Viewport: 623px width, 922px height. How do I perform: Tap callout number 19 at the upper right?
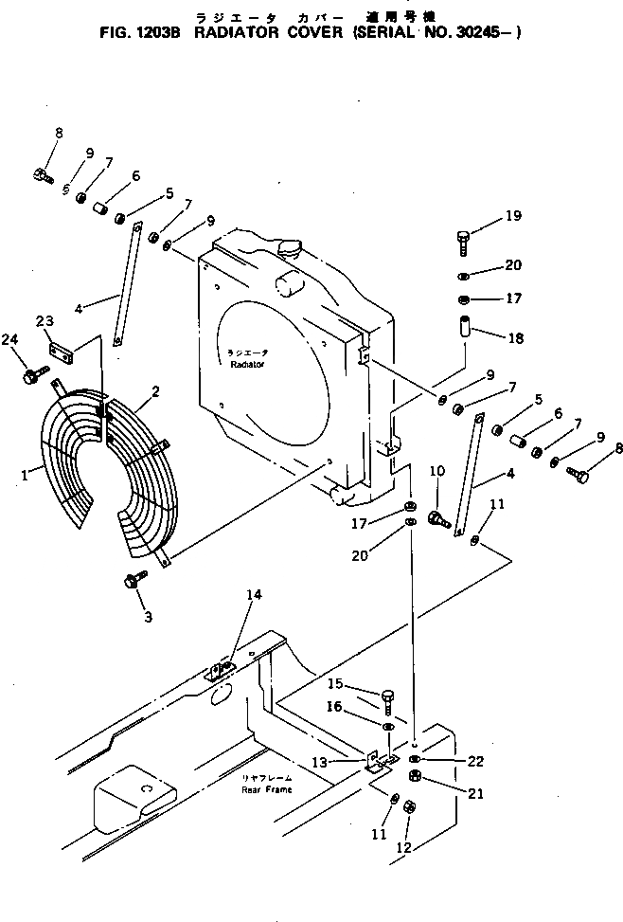pyautogui.click(x=512, y=216)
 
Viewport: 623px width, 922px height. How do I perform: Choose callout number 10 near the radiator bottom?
pyautogui.click(x=437, y=471)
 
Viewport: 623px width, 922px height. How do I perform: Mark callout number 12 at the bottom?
pyautogui.click(x=406, y=847)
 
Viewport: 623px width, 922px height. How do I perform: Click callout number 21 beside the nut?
pyautogui.click(x=474, y=793)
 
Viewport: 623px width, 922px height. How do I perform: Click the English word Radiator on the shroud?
pyautogui.click(x=245, y=364)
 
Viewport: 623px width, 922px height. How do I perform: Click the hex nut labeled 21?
pyautogui.click(x=414, y=779)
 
